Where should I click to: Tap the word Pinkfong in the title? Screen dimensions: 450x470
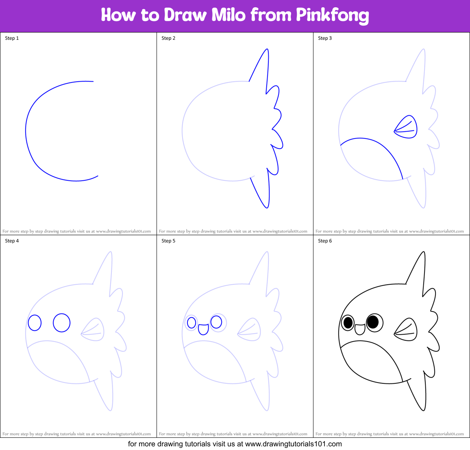point(332,15)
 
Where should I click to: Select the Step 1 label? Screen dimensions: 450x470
point(12,38)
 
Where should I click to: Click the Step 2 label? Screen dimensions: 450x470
point(168,38)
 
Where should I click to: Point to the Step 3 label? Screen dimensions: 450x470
point(325,38)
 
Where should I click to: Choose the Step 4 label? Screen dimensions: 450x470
point(12,241)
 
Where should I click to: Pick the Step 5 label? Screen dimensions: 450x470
point(168,241)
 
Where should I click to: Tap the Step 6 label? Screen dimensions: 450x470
point(325,241)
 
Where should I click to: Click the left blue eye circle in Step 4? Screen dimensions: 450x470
point(35,323)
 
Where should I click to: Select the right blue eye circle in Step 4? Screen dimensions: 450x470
point(61,323)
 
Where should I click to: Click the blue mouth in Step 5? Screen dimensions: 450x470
point(203,329)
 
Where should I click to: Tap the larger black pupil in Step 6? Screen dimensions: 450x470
point(372,322)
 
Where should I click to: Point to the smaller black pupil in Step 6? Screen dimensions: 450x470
point(348,323)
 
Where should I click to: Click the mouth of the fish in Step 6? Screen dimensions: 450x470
point(360,329)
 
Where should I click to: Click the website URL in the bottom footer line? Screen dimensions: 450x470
point(294,444)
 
